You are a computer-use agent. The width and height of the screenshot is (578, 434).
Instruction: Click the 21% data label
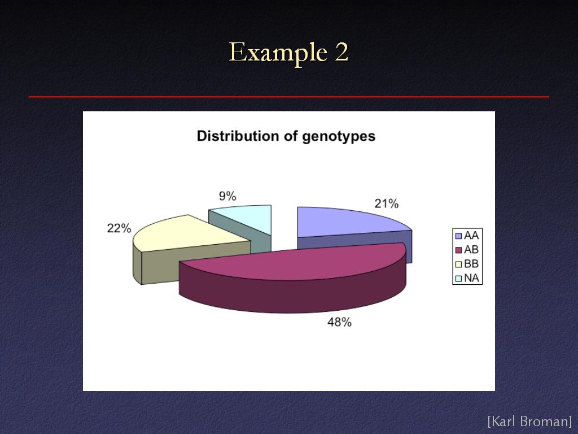(386, 203)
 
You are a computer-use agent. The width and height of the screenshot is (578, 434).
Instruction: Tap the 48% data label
(339, 322)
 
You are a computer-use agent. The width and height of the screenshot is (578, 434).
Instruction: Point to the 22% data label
(119, 228)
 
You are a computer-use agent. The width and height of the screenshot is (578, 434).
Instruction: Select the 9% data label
(227, 196)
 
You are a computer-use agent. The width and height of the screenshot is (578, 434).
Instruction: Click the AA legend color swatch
(458, 236)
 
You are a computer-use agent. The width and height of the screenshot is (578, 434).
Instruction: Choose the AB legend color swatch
(458, 250)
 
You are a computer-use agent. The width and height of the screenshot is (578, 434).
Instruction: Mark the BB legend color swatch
(458, 264)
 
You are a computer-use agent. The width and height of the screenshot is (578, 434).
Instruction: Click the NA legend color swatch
(458, 278)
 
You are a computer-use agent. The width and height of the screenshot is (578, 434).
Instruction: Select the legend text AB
(471, 250)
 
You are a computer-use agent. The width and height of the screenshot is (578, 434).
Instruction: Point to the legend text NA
(471, 278)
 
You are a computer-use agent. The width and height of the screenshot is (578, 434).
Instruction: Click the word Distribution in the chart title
(239, 136)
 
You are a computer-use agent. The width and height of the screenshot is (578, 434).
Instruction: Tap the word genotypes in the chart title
(339, 137)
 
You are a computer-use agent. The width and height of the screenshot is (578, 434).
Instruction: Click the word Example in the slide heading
(278, 53)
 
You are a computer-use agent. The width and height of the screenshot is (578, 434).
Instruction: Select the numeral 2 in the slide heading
(341, 52)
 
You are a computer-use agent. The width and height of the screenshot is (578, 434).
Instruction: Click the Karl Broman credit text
(529, 421)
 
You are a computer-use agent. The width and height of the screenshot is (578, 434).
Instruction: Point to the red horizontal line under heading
(289, 97)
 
